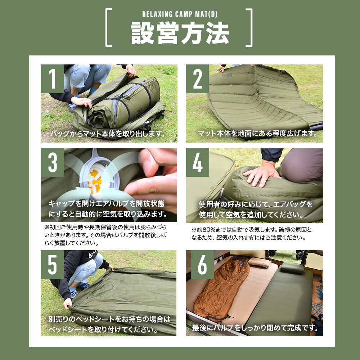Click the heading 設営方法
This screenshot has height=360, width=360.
pyautogui.click(x=180, y=33)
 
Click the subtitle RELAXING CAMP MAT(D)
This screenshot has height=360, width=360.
pyautogui.click(x=180, y=15)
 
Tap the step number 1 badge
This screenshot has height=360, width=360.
pyautogui.click(x=52, y=79)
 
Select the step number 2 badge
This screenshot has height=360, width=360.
pyautogui.click(x=198, y=79)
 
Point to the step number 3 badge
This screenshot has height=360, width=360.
pyautogui.click(x=52, y=162)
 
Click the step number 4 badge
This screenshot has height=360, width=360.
pyautogui.click(x=198, y=162)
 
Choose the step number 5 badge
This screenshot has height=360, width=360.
pyautogui.click(x=52, y=265)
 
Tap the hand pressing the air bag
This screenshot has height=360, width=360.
pyautogui.click(x=262, y=175)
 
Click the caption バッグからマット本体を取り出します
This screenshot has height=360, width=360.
pyautogui.click(x=108, y=134)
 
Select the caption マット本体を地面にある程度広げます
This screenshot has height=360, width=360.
pyautogui.click(x=257, y=134)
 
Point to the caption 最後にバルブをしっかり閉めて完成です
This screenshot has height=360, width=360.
pyautogui.click(x=255, y=328)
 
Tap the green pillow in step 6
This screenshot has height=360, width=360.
pyautogui.click(x=292, y=267)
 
